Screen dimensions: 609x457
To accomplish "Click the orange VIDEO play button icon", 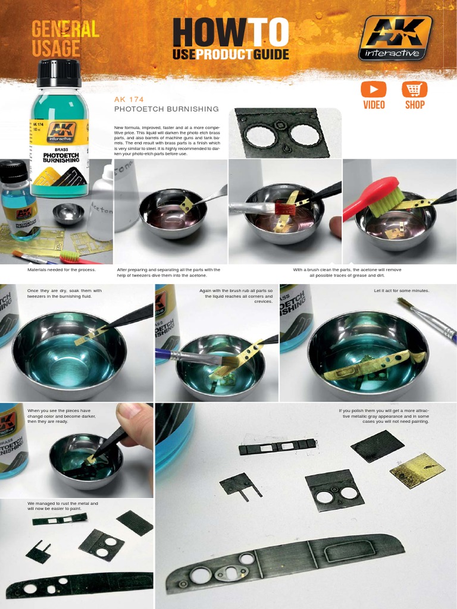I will [x=373, y=90].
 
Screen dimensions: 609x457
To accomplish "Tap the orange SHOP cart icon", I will [x=414, y=90].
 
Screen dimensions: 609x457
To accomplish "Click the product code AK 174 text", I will [x=129, y=99].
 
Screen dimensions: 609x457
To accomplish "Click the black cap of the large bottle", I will [x=59, y=73].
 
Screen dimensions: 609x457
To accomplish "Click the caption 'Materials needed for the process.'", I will [x=61, y=269].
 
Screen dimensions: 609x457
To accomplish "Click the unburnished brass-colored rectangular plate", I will [x=417, y=470].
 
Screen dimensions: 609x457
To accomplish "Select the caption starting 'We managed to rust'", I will [x=62, y=506].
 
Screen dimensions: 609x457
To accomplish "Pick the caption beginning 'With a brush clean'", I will [x=347, y=272].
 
